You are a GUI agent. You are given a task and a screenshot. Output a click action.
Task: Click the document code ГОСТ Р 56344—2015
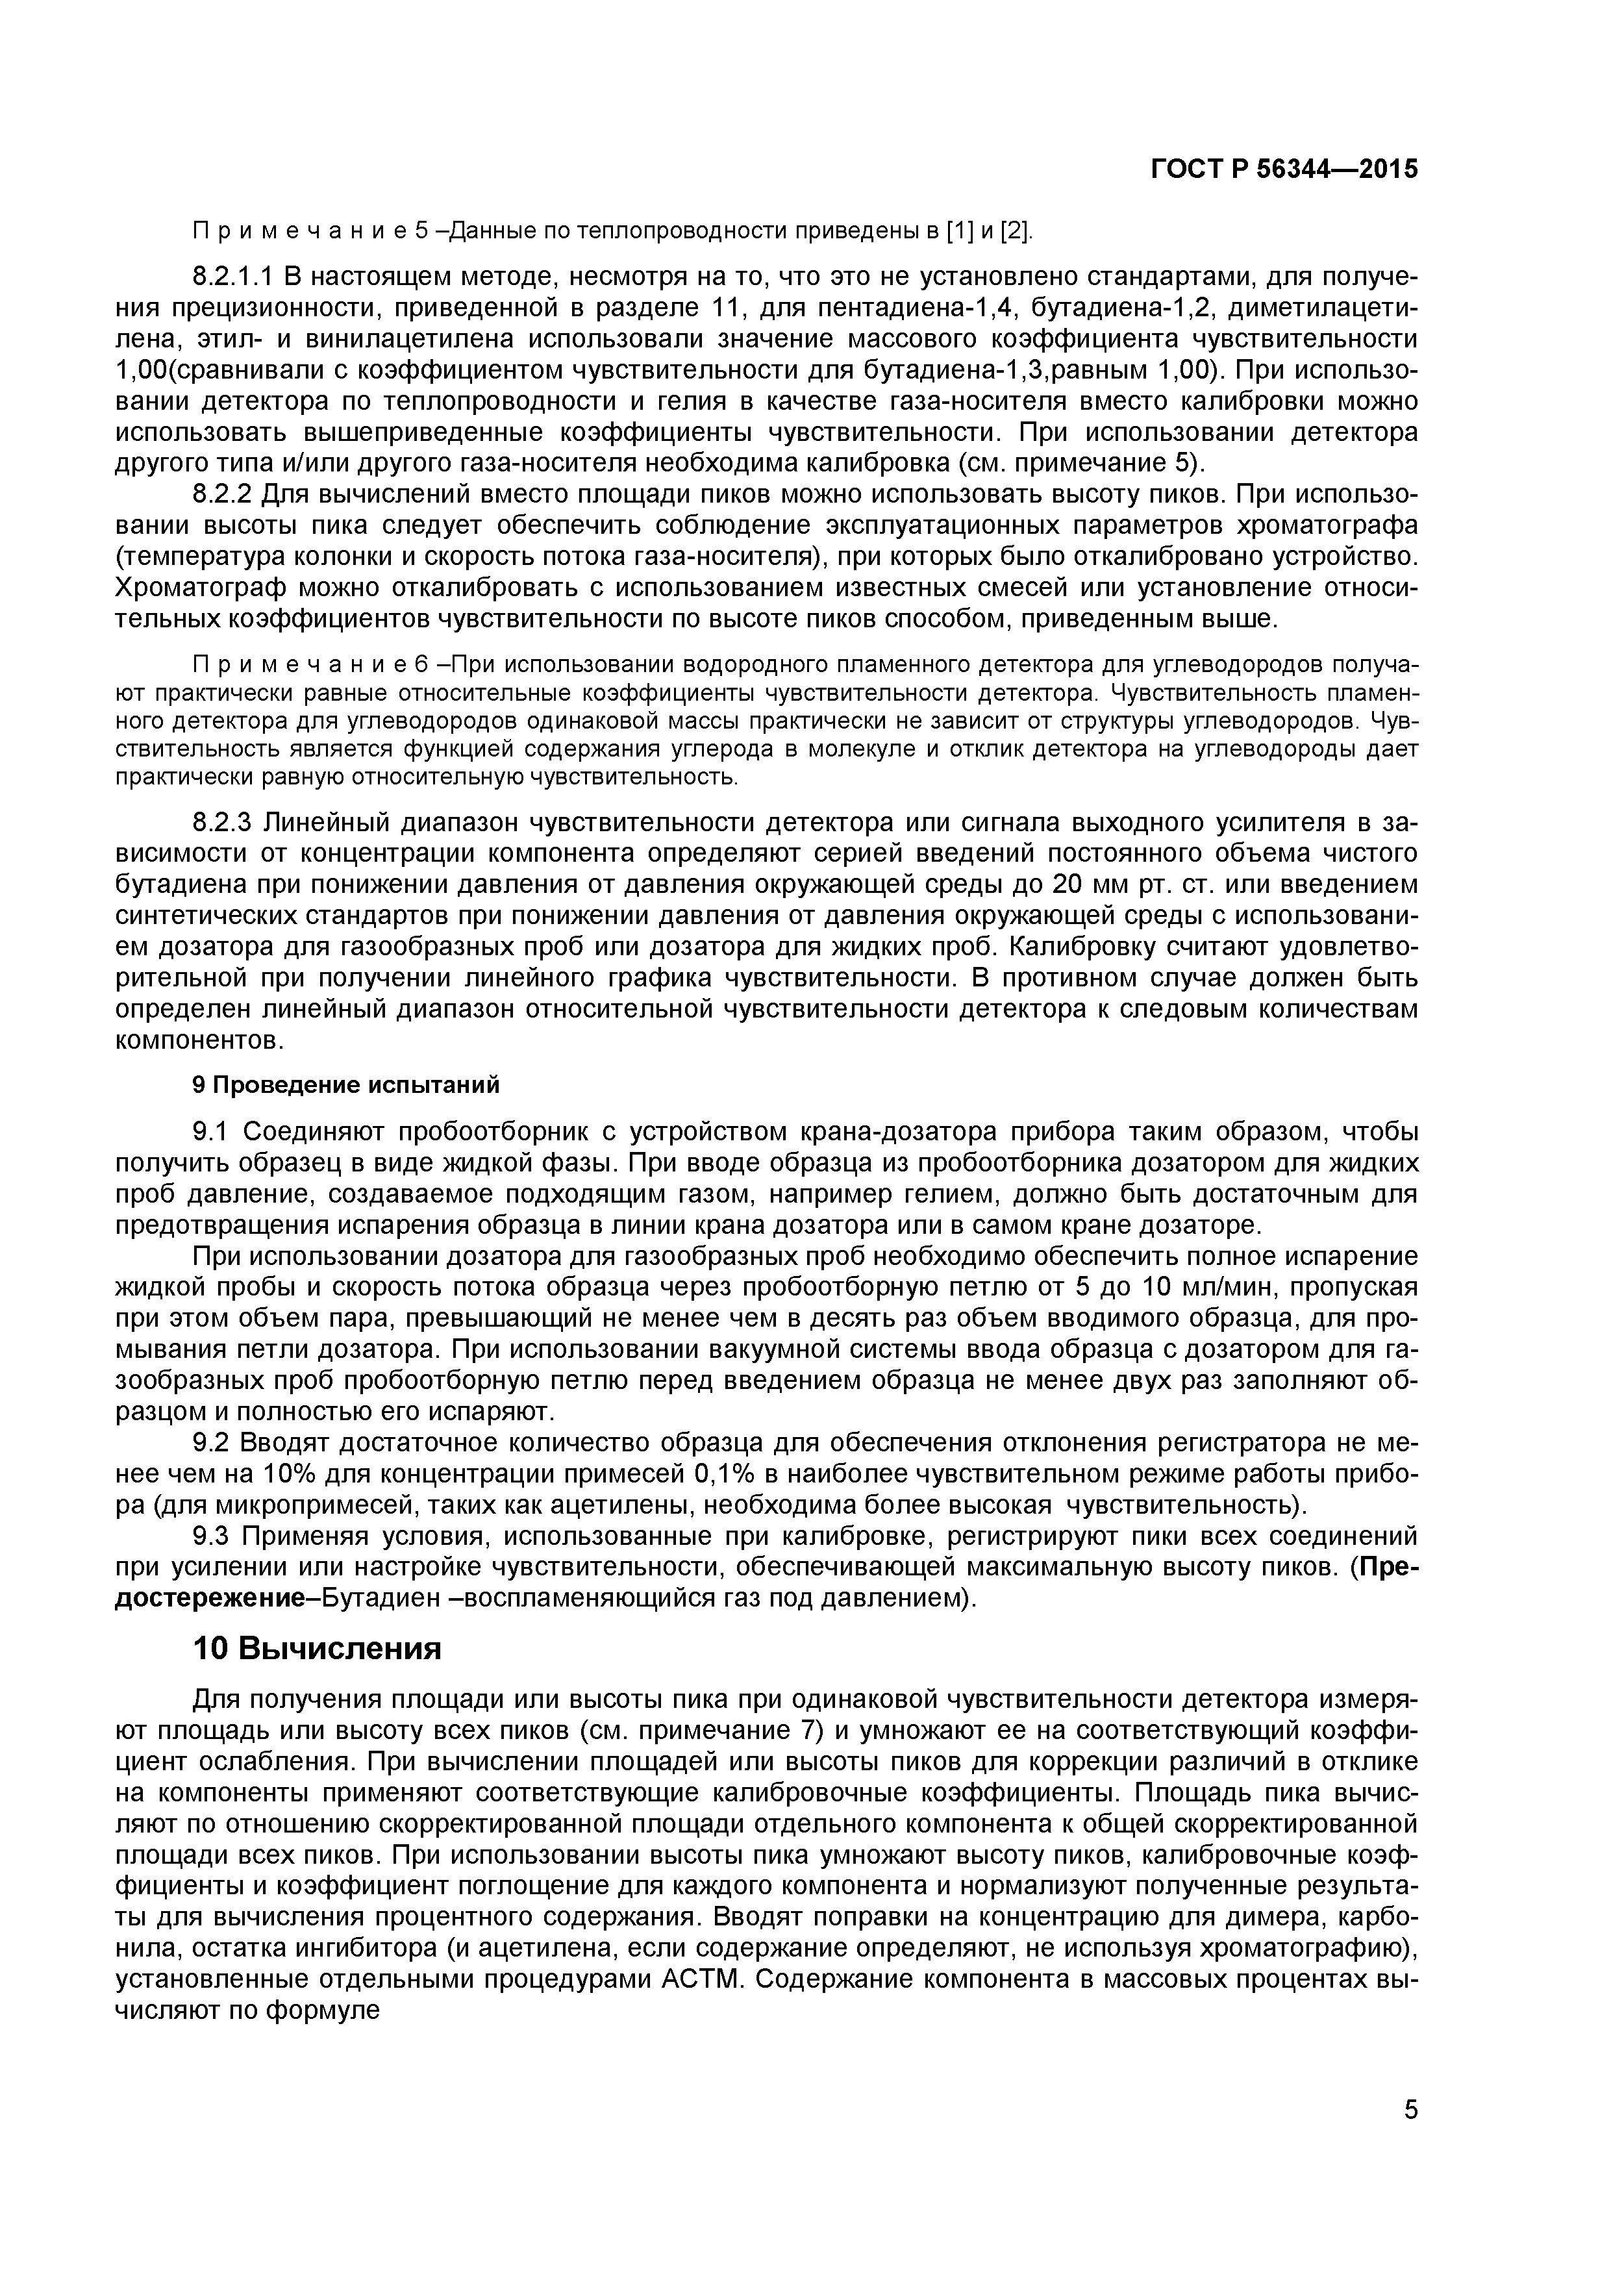coord(1284,169)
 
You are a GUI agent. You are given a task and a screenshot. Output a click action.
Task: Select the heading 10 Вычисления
coord(316,1649)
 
